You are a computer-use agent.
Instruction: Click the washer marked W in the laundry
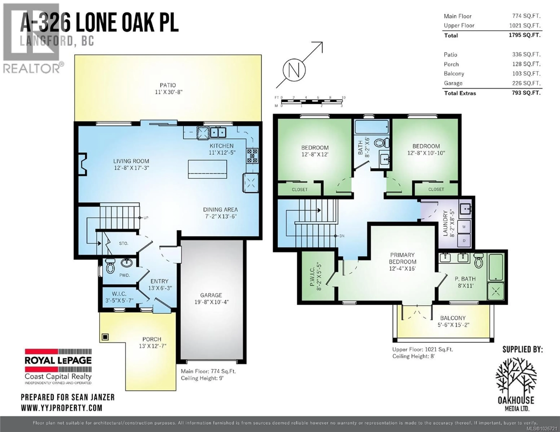tap(464, 227)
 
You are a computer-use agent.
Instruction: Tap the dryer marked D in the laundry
tap(464, 241)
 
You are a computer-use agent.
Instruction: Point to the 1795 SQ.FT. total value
tap(524, 35)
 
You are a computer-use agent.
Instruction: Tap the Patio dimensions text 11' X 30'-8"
tap(168, 92)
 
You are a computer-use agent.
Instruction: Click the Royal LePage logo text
tap(58, 361)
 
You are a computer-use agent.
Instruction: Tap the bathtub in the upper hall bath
tap(372, 127)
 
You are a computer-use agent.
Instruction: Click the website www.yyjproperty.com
tap(62, 408)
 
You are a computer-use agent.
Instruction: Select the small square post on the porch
tap(105, 337)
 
